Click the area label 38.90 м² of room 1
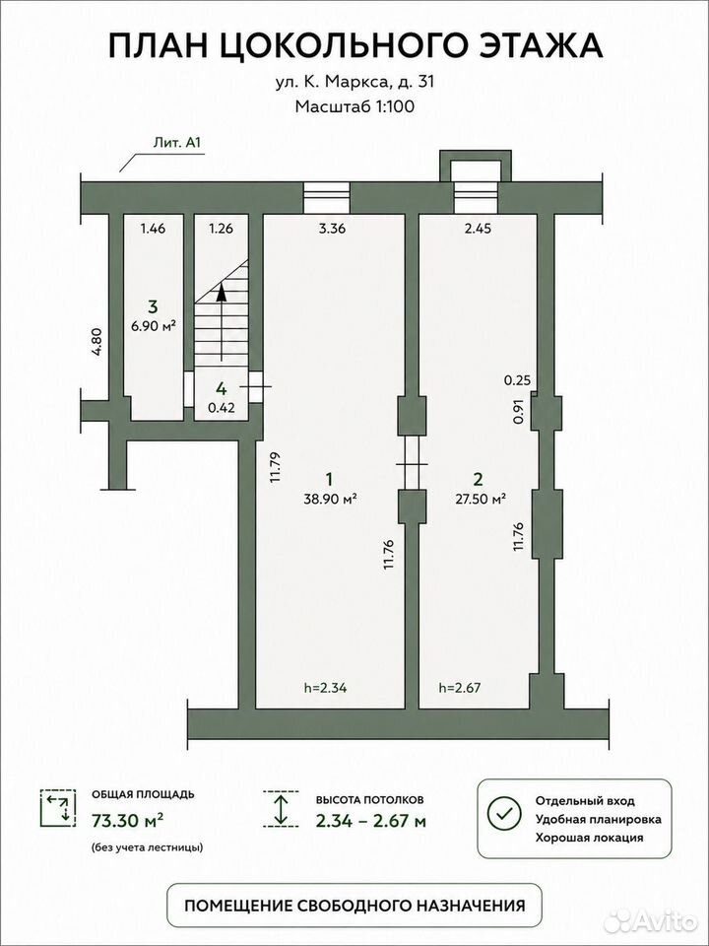pos(329,499)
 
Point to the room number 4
pos(222,386)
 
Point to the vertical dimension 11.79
pos(276,467)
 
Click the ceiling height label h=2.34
pos(329,687)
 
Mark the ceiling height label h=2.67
pos(460,687)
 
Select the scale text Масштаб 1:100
pos(354,106)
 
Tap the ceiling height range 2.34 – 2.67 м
pos(371,821)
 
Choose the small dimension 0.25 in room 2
pos(516,379)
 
